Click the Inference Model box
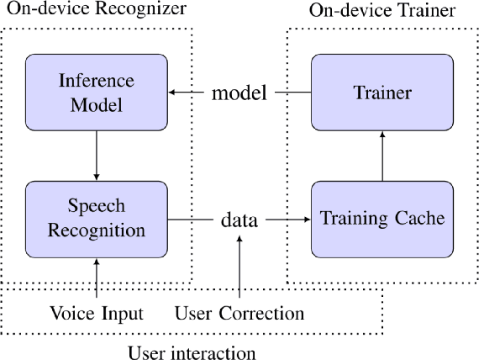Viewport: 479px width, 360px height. tap(97, 92)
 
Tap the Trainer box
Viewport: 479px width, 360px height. tap(383, 92)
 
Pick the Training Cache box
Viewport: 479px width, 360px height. tap(383, 219)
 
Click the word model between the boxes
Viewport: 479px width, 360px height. tap(239, 93)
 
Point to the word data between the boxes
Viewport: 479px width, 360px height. tap(239, 220)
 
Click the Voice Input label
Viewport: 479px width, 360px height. tap(97, 314)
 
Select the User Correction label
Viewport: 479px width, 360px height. tap(239, 314)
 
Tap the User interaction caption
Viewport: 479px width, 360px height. tap(191, 351)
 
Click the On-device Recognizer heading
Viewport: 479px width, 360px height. tap(94, 10)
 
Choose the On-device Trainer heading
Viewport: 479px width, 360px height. tap(382, 11)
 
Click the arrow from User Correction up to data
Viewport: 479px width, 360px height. tap(240, 269)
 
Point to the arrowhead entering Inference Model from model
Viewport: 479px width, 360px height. tap(174, 92)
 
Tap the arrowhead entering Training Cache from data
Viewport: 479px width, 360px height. tap(307, 220)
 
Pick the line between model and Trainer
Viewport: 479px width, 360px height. tap(291, 92)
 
